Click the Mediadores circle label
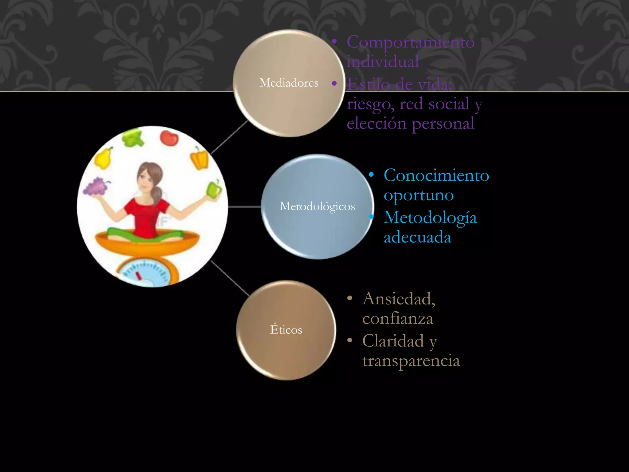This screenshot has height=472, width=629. [289, 83]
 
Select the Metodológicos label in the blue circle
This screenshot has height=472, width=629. [317, 206]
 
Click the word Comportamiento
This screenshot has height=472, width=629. [411, 43]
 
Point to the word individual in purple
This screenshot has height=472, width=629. [383, 61]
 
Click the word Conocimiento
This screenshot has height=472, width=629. [436, 175]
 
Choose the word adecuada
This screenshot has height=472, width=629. [417, 237]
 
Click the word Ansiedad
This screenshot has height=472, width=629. [399, 299]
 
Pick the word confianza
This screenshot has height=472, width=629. [398, 318]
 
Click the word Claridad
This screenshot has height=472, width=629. [393, 341]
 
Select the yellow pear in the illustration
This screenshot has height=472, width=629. [103, 157]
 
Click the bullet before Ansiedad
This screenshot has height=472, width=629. [350, 298]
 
